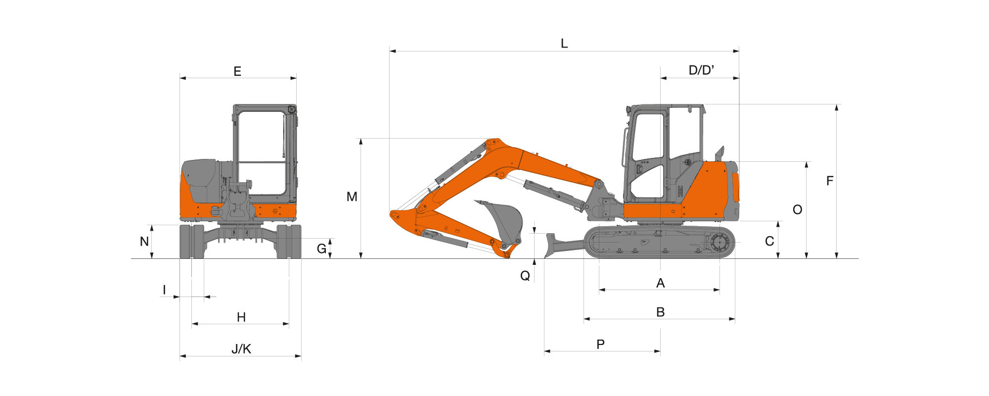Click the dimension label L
pos(564,44)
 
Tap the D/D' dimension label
pos(701,70)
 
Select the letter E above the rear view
pos(237,72)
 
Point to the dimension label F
pos(830,181)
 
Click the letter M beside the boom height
pos(352,197)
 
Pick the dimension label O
pos(797,210)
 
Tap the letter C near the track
pos(769,241)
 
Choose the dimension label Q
pos(525,276)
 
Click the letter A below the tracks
pos(660,283)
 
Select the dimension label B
pos(660,312)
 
